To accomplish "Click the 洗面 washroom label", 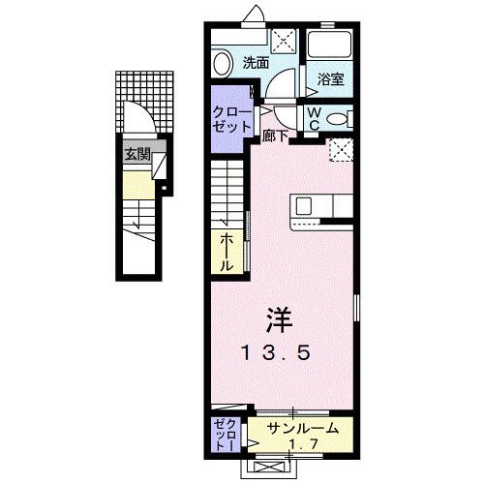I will click(x=256, y=64).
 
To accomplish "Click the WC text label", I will click(x=316, y=118).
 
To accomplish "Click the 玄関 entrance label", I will click(x=135, y=153).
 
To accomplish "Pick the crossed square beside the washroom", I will click(x=285, y=41).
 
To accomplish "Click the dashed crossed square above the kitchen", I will click(x=340, y=151).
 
